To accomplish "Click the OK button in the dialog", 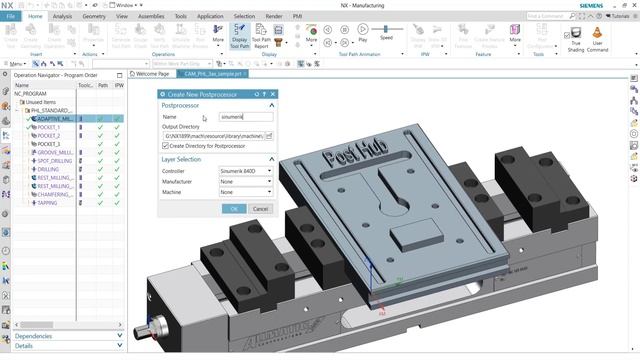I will click(233, 208).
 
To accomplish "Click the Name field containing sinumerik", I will click(245, 117).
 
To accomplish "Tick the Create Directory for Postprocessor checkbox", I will click(166, 145).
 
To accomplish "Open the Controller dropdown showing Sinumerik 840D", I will click(245, 171).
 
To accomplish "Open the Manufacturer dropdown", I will click(245, 181).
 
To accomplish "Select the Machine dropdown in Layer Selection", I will click(245, 191).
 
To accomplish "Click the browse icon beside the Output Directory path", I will click(269, 135).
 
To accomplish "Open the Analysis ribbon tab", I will click(62, 16).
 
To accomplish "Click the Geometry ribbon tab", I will click(93, 16).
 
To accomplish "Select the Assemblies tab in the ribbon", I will click(152, 16).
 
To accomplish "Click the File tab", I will click(11, 16).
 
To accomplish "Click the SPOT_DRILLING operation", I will click(55, 161).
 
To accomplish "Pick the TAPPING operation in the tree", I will click(48, 203).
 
